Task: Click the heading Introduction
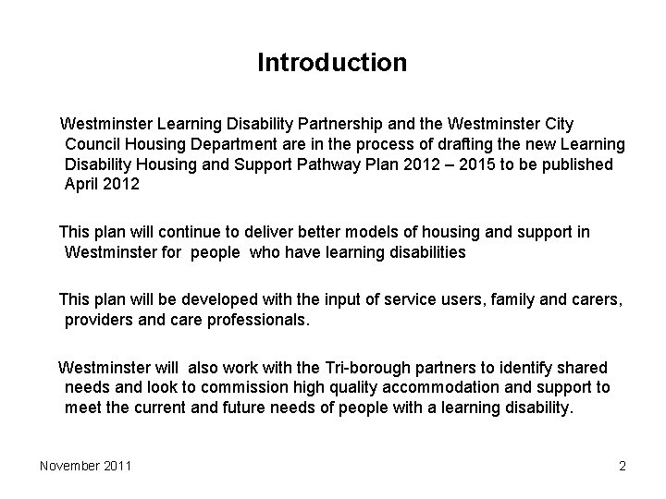pos(332,63)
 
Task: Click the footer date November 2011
pos(85,466)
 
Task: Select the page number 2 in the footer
pos(623,466)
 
